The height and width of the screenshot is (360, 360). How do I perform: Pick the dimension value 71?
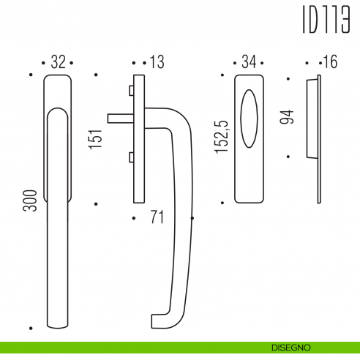[154, 217]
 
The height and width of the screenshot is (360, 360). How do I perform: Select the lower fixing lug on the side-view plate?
[130, 156]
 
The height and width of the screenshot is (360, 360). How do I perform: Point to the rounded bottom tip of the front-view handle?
[59, 322]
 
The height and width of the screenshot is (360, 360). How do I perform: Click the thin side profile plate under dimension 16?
[318, 139]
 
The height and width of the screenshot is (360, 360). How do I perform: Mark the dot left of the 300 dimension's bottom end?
[31, 328]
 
